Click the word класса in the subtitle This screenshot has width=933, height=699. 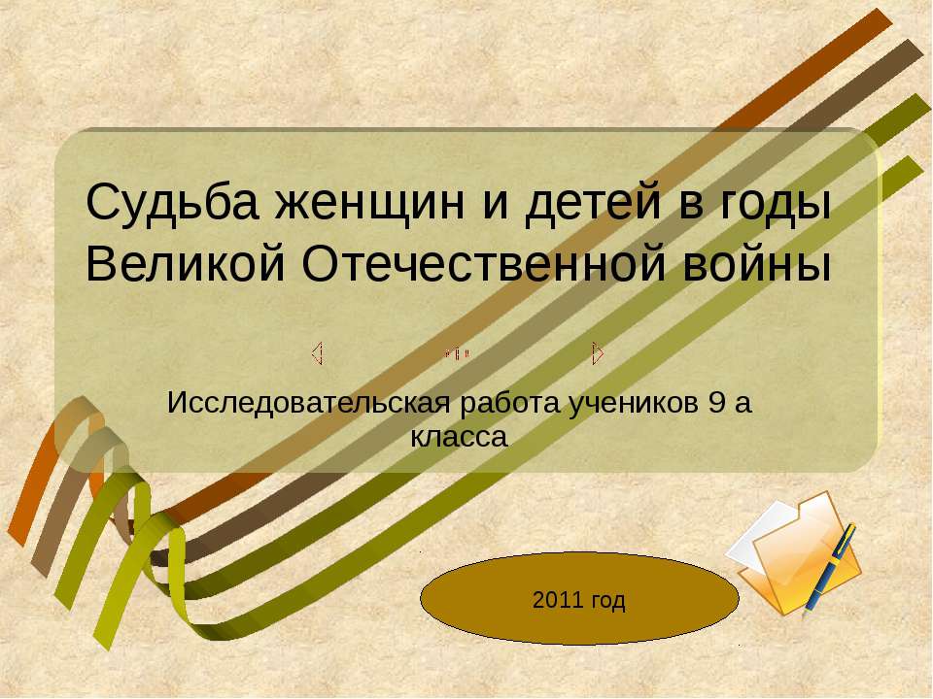pos(460,438)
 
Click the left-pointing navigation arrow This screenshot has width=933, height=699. pos(318,352)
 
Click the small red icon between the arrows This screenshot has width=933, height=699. pos(457,354)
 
